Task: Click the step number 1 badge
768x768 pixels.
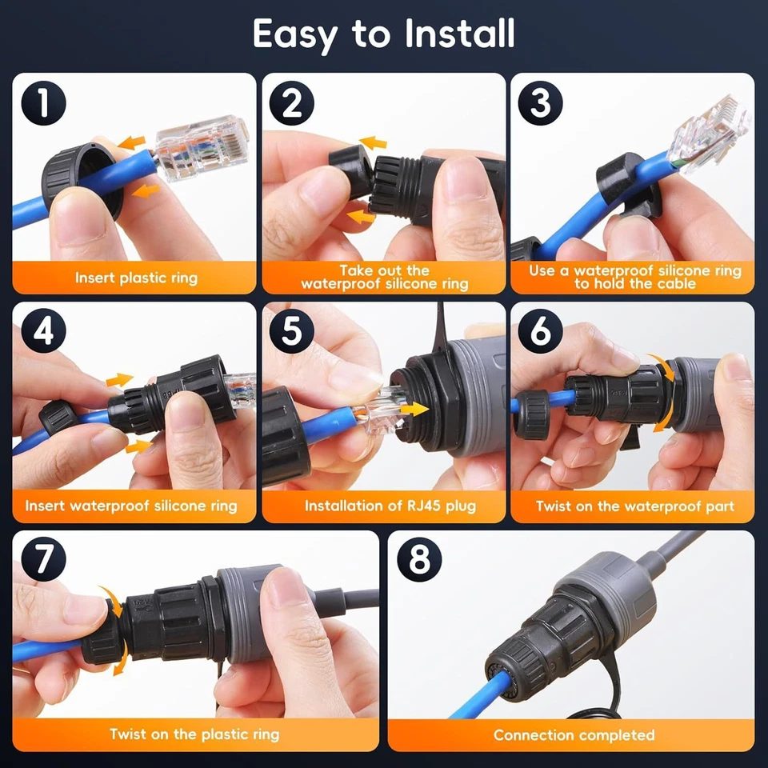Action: (43, 104)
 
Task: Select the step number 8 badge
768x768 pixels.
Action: (419, 560)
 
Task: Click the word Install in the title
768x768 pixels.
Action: (459, 34)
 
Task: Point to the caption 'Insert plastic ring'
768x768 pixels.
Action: (136, 278)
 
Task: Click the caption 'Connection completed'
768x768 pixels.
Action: (574, 734)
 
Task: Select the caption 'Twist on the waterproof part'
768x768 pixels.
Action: (634, 506)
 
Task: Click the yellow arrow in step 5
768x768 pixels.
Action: (410, 408)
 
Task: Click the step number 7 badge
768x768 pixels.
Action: (43, 560)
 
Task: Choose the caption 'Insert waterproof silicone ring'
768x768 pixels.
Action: (131, 506)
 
